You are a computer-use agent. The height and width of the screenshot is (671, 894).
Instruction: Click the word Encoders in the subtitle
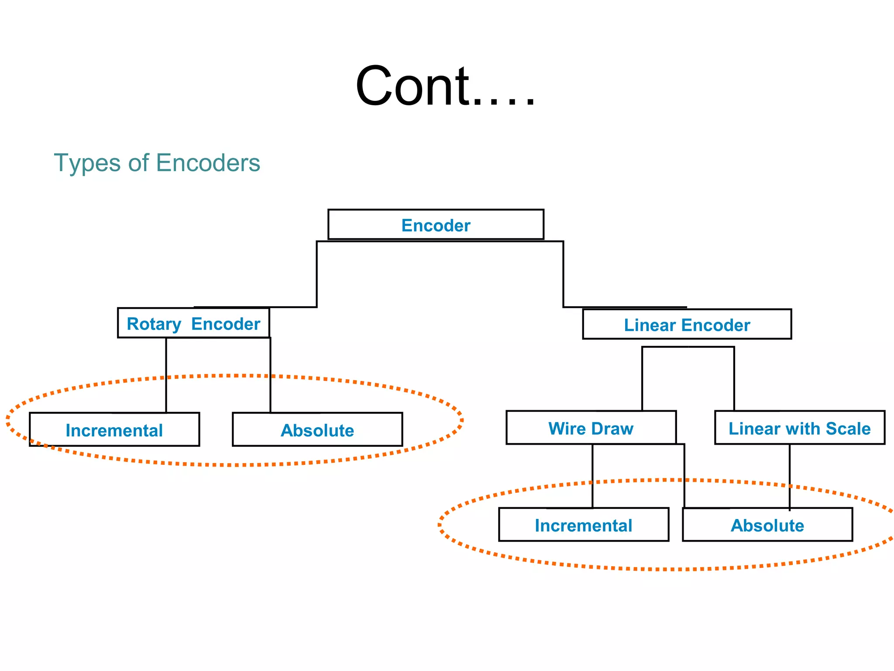[208, 163]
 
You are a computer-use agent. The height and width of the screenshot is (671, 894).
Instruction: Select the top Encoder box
[436, 225]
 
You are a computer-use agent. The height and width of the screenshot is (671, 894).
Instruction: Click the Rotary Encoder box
[193, 323]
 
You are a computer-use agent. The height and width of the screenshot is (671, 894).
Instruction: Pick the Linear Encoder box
[687, 325]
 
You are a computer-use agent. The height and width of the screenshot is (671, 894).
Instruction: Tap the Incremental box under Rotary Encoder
[114, 430]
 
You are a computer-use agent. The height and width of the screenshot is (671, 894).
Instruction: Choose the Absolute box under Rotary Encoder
[317, 430]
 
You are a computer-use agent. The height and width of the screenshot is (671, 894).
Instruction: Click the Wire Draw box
[591, 428]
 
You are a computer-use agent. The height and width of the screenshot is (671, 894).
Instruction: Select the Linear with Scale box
[799, 428]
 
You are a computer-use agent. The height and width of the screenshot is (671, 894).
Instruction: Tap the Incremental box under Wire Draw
[583, 525]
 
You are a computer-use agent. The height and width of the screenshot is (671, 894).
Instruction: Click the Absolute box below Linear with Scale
[767, 525]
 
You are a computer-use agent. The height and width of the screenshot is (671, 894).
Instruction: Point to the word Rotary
[154, 324]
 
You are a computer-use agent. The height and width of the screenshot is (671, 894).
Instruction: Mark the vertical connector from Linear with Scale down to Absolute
[789, 476]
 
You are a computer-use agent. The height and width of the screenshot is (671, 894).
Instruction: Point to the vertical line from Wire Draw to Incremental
[592, 476]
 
